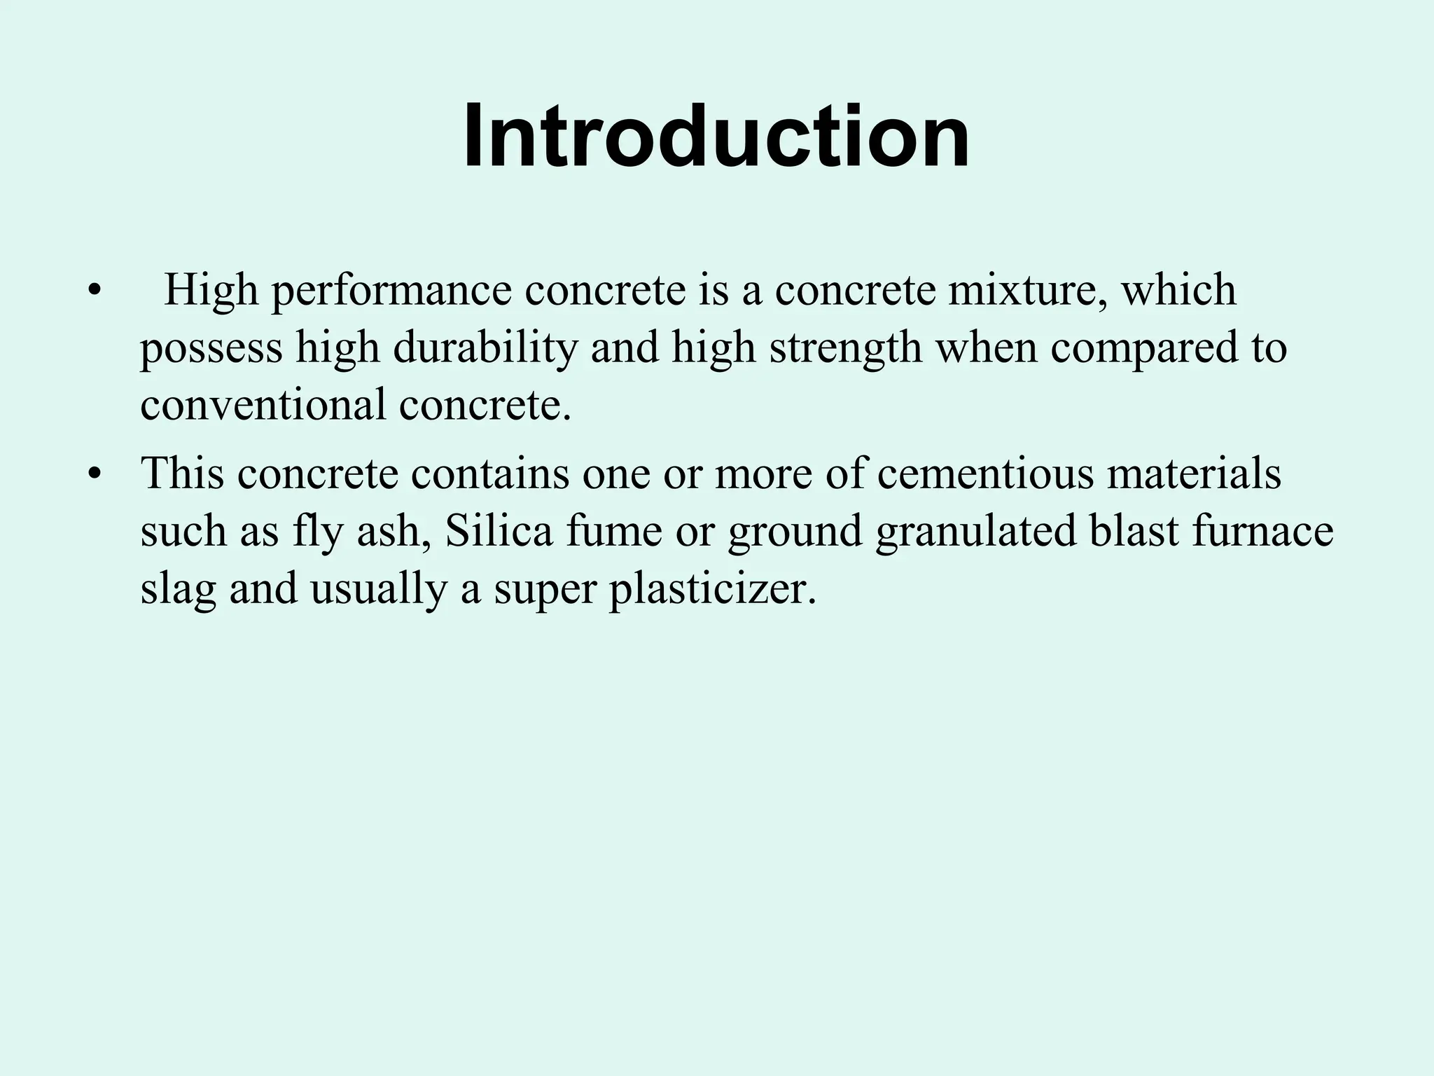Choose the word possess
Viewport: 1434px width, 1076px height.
211,349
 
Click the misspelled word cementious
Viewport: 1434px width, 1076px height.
984,474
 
